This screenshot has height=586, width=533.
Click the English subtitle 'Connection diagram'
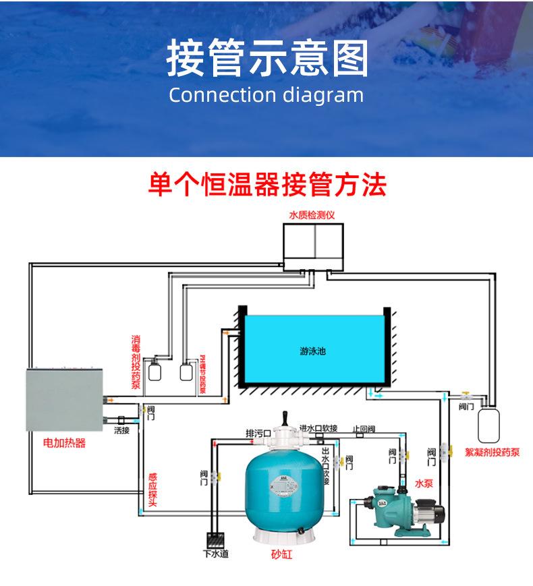coord(266,94)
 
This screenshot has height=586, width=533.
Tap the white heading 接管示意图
coord(266,58)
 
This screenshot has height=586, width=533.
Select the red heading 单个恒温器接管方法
coord(266,183)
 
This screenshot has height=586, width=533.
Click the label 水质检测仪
coord(312,215)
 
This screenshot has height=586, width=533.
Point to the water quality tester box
coord(312,245)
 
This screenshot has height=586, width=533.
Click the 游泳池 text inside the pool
coord(312,351)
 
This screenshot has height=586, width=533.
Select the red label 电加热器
coord(64,444)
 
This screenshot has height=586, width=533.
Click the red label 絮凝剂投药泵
coord(493,452)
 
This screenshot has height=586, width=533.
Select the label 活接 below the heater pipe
coord(121,430)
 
